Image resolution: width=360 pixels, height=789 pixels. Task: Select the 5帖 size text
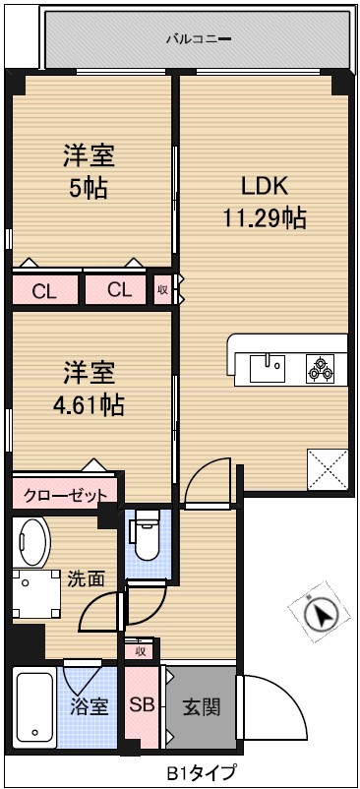(90, 187)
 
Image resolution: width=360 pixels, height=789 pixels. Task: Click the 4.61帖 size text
(90, 403)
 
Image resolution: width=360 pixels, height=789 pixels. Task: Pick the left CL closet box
(44, 290)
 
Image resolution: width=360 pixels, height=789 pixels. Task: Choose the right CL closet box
(118, 290)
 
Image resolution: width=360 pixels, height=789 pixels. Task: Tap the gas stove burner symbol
(321, 369)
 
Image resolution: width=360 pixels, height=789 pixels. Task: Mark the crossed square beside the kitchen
(327, 468)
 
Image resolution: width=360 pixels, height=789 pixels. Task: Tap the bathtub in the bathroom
(34, 707)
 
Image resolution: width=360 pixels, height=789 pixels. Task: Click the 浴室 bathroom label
(89, 706)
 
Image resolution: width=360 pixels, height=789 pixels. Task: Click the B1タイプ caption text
(200, 773)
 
